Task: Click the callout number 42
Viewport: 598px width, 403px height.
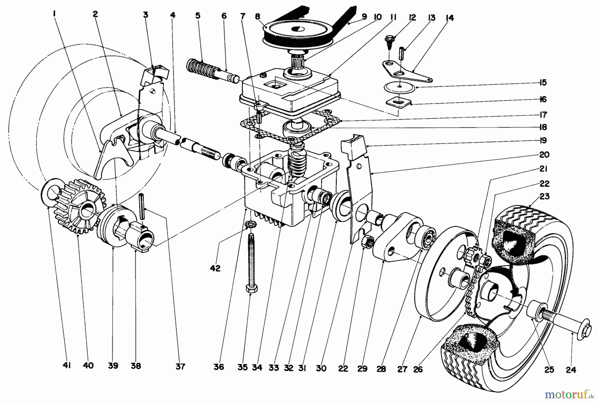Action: (215, 268)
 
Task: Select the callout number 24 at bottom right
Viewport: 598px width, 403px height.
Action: (571, 369)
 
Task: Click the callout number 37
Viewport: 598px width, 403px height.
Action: (180, 366)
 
